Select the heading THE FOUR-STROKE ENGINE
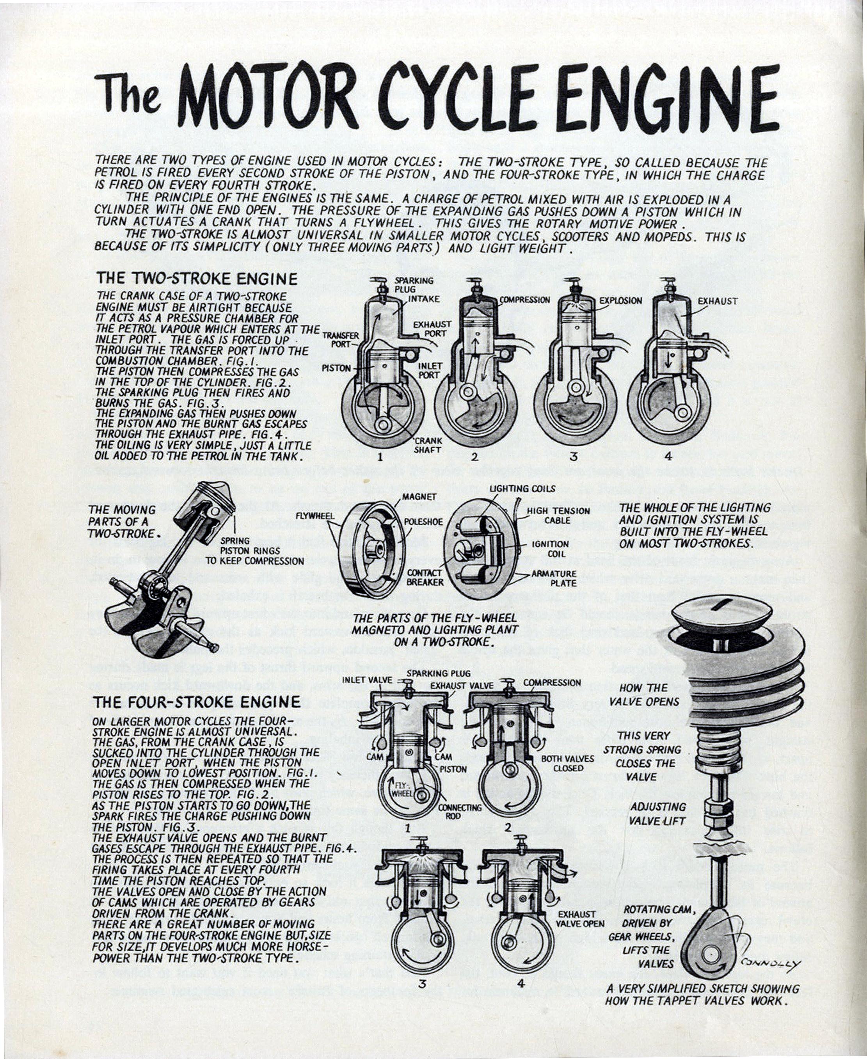(x=196, y=702)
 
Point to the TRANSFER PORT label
(x=341, y=340)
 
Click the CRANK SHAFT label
(x=428, y=446)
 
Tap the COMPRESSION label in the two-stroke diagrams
(x=524, y=300)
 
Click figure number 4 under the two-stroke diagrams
(x=668, y=456)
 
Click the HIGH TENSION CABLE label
(x=558, y=515)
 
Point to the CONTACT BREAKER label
(x=425, y=577)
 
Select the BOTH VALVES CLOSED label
(x=568, y=763)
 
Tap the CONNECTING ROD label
(x=460, y=812)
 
